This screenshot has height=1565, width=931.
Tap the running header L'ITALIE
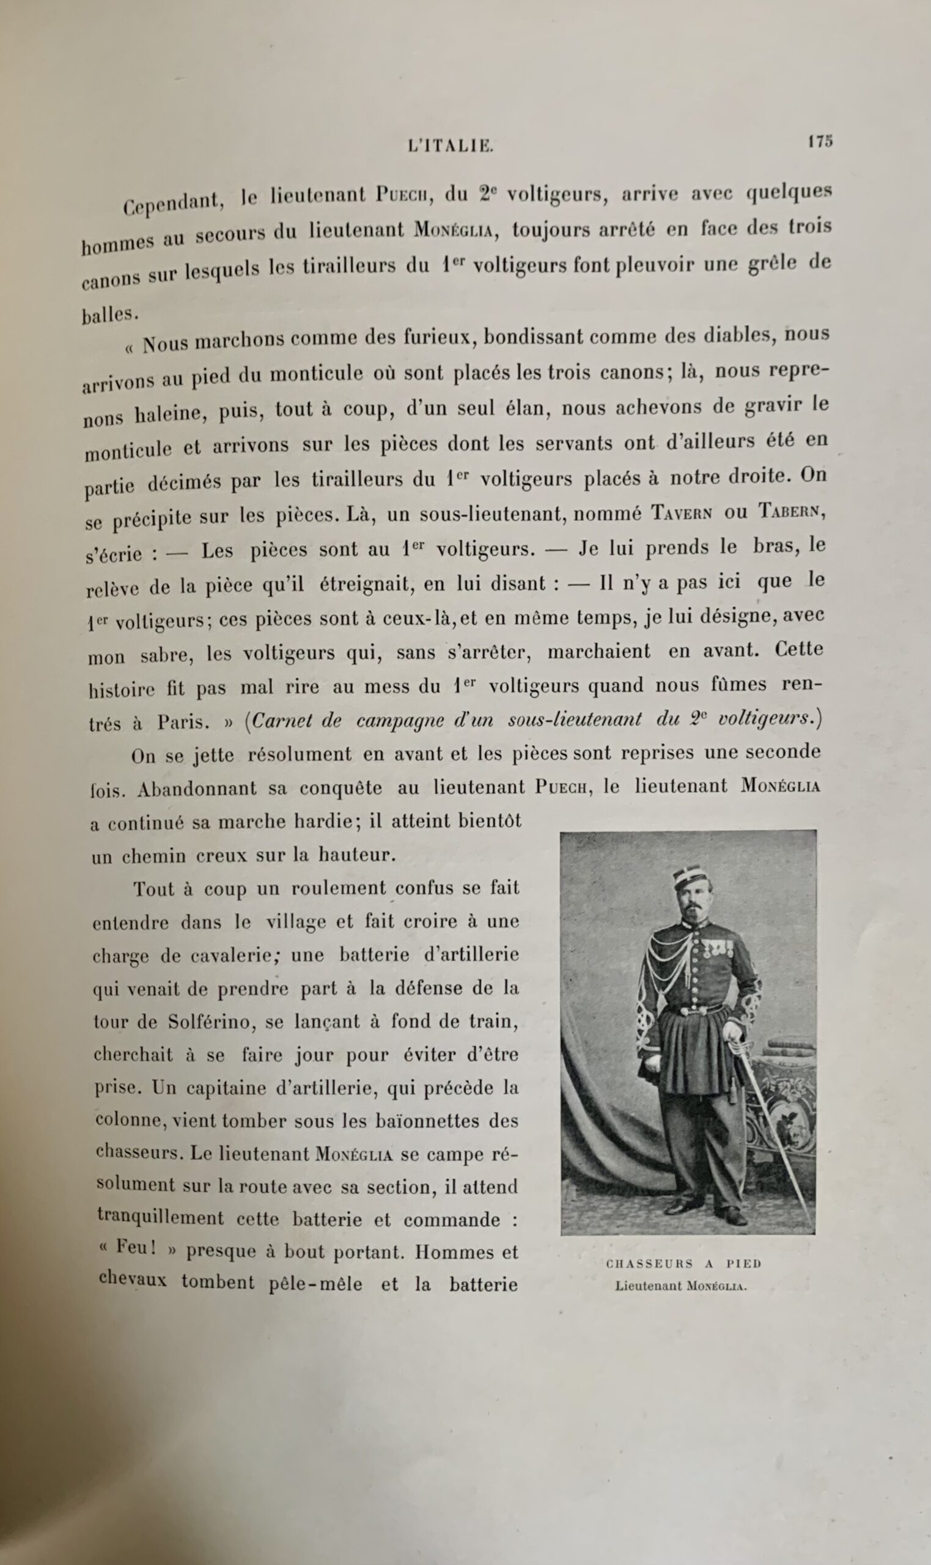(451, 146)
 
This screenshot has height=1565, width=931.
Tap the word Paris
(183, 723)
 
